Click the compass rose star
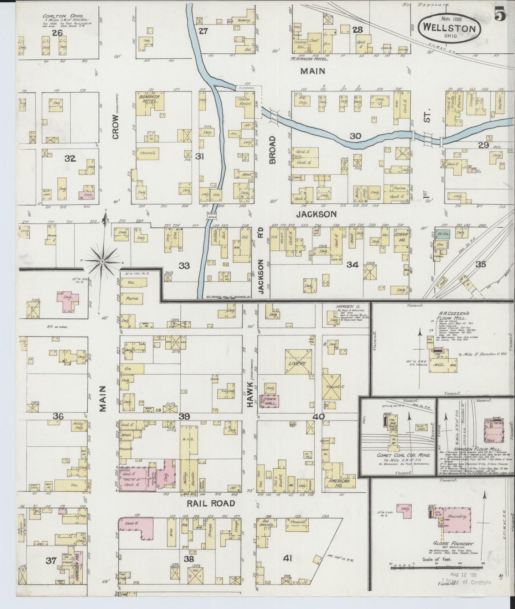tap(102, 261)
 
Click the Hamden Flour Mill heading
tap(467, 449)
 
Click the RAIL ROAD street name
tap(211, 503)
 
